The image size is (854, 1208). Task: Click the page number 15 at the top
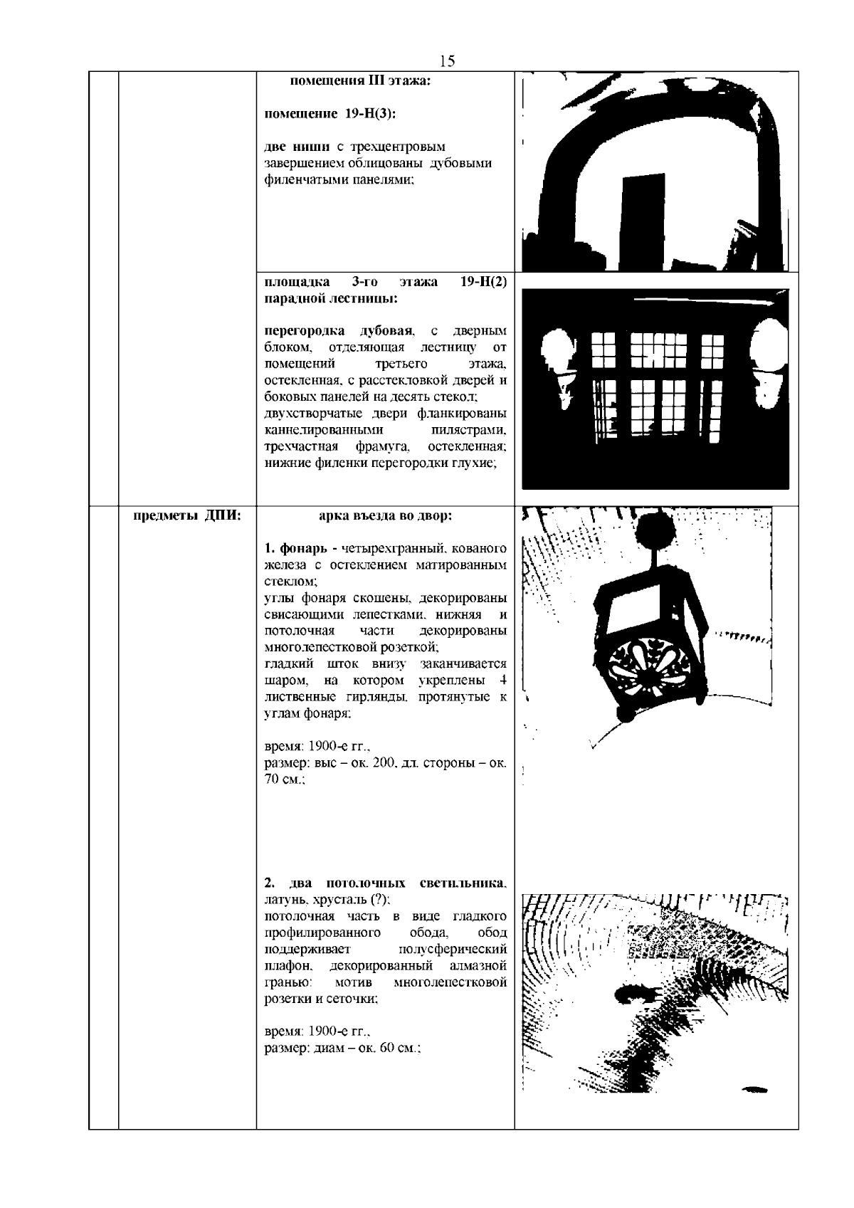447,61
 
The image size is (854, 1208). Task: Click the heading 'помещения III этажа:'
361,81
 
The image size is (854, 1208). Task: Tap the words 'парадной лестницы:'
331,298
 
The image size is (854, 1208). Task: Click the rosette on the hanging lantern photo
639,668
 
